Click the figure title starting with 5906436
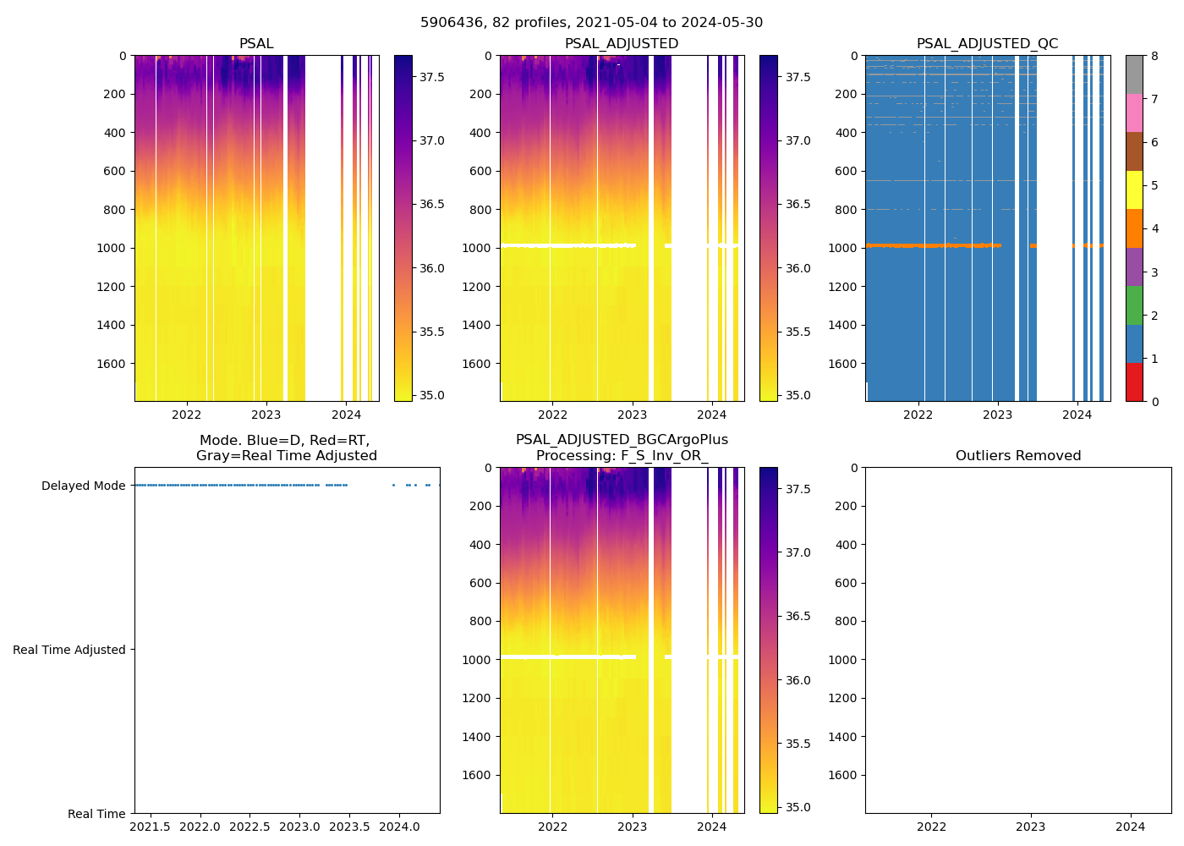coord(591,23)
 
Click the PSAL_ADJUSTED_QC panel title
coord(987,44)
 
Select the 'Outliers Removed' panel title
coord(1017,456)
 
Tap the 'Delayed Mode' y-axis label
coord(83,486)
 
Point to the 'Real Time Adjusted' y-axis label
coord(69,650)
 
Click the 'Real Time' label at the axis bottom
coord(96,814)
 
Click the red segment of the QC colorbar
coord(1134,382)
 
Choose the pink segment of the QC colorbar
coord(1134,113)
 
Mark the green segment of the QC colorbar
coord(1134,305)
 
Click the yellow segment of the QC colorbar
coord(1134,190)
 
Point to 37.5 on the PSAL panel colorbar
coord(432,77)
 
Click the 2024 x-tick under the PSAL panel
coord(346,415)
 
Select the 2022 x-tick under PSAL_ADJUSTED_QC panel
coord(918,415)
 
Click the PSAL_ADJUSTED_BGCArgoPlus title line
coord(622,440)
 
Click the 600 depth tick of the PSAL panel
coord(115,171)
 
